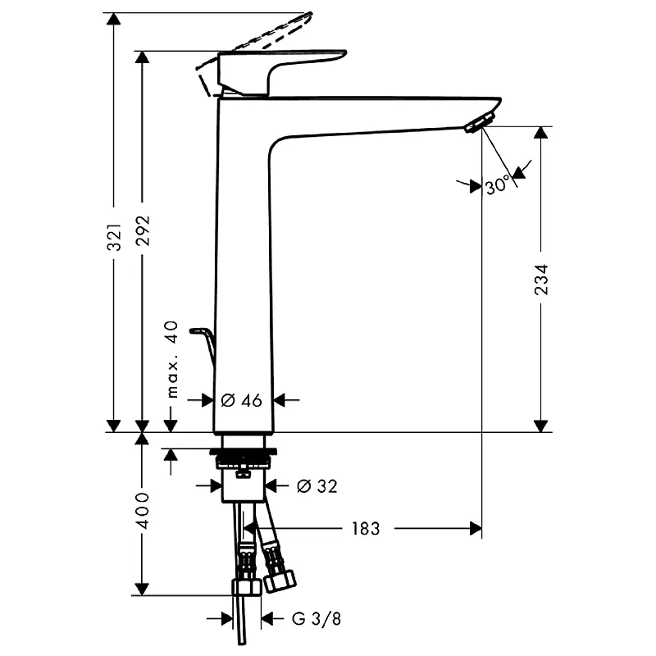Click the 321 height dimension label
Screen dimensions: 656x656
tap(114, 237)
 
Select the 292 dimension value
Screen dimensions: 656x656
tap(143, 230)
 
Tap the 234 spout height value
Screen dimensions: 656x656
tap(541, 280)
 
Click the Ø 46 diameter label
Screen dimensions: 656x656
tap(241, 400)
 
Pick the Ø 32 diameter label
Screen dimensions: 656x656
tap(317, 486)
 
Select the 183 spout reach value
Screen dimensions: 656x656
tap(366, 528)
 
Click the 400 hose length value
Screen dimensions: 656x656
tap(143, 510)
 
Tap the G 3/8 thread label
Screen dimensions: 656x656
tap(317, 618)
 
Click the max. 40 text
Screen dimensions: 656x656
tap(172, 359)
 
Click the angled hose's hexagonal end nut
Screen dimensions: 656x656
tap(280, 580)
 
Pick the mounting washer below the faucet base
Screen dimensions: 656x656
tap(243, 452)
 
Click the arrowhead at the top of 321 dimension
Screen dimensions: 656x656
tap(113, 19)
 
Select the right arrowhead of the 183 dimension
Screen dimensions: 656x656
tap(476, 529)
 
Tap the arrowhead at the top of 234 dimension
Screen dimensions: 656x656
tap(541, 133)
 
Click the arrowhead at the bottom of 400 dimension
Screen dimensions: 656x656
tap(142, 589)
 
